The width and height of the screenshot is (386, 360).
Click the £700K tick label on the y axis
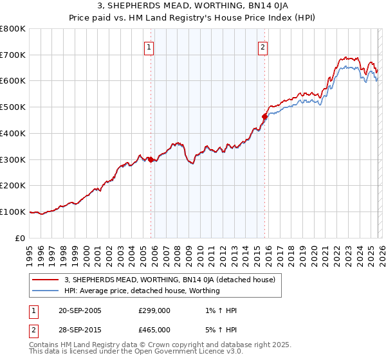tap(13, 55)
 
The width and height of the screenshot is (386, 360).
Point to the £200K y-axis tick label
tap(13, 185)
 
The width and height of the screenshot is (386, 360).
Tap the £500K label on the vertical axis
tap(13, 107)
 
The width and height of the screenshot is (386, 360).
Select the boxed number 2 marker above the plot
tap(263, 46)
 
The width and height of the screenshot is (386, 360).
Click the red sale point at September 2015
tap(264, 116)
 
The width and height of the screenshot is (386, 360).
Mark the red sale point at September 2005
tap(151, 159)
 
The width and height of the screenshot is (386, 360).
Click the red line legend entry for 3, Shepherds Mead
tap(170, 280)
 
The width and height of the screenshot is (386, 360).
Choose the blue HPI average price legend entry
tap(142, 291)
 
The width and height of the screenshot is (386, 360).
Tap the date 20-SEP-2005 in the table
tap(80, 310)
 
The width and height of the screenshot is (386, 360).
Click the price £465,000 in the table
tap(154, 329)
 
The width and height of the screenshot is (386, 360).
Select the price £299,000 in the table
tap(154, 310)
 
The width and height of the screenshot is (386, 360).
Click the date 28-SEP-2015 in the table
tap(80, 329)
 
